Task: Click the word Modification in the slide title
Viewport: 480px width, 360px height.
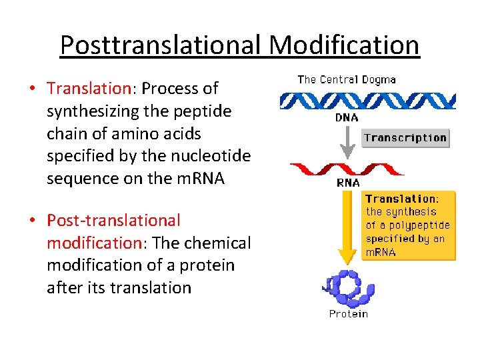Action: (345, 45)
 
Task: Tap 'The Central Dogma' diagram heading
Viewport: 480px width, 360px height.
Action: (346, 79)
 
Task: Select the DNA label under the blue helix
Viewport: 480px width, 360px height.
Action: (346, 117)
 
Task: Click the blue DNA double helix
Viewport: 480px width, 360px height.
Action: (367, 100)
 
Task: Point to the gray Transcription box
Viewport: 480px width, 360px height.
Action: (405, 138)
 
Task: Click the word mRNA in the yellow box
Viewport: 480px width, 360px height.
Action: (381, 252)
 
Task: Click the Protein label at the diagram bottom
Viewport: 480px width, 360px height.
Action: (348, 313)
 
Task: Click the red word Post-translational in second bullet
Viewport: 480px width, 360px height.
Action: (113, 220)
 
